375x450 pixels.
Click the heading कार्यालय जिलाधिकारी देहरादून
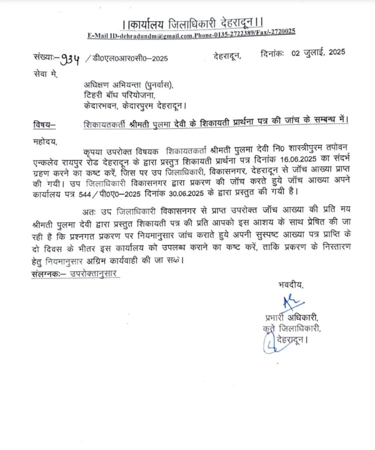[187, 21]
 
